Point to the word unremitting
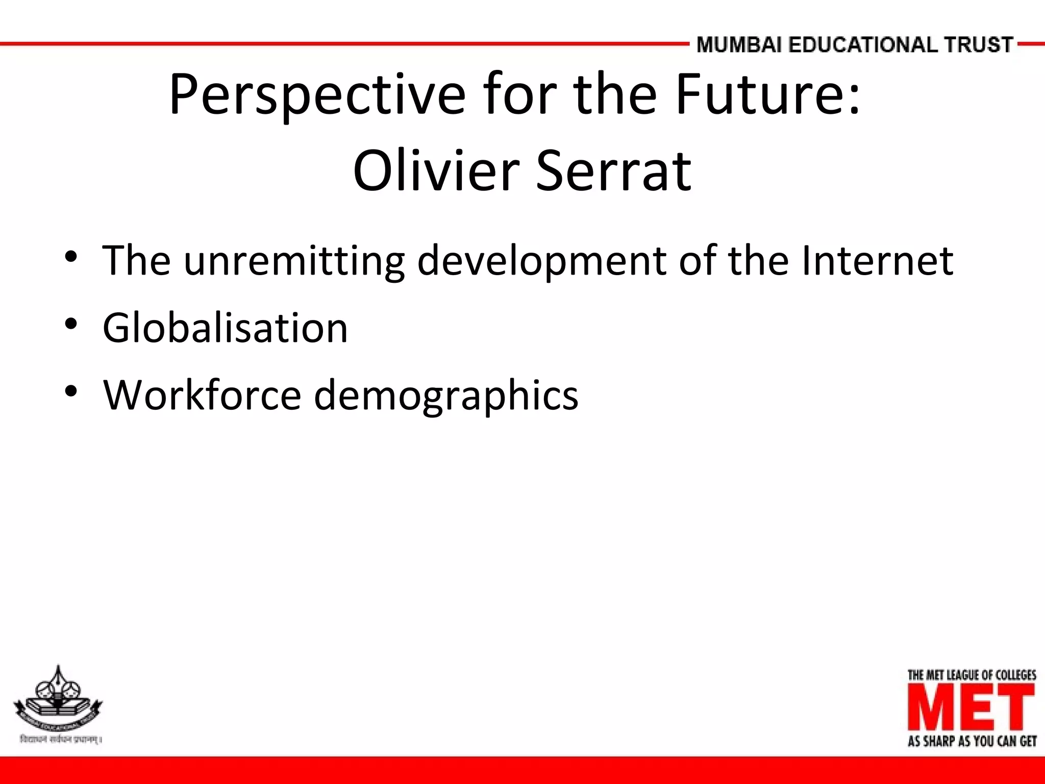[294, 260]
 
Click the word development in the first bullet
[541, 260]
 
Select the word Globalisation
[225, 327]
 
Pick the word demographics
[446, 396]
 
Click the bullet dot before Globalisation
[71, 324]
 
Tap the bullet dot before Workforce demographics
[71, 391]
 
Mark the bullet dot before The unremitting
[71, 256]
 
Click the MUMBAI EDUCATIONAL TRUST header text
[854, 45]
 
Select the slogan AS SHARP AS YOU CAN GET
[972, 741]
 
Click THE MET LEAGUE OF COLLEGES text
[972, 675]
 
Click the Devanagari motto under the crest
[60, 740]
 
